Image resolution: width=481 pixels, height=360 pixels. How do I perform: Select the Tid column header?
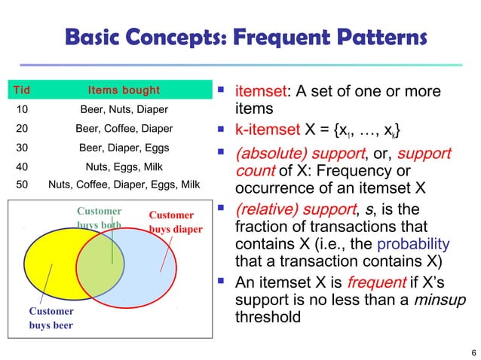[23, 91]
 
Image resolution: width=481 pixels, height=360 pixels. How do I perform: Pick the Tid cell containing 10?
[22, 110]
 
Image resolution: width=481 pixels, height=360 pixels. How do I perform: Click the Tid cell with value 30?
[22, 148]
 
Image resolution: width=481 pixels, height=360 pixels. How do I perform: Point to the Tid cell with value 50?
[22, 184]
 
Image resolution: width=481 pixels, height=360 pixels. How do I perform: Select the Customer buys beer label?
[51, 318]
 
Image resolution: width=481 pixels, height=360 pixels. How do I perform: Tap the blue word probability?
[413, 243]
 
